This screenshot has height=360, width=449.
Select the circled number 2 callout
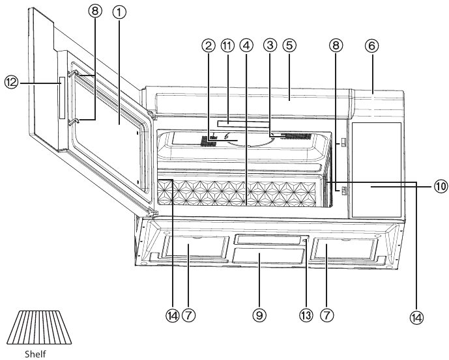209,46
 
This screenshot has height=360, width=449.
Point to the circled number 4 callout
246,46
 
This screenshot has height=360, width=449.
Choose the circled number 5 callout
290,46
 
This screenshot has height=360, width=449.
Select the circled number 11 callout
227,46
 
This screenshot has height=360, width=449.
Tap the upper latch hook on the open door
74,76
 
